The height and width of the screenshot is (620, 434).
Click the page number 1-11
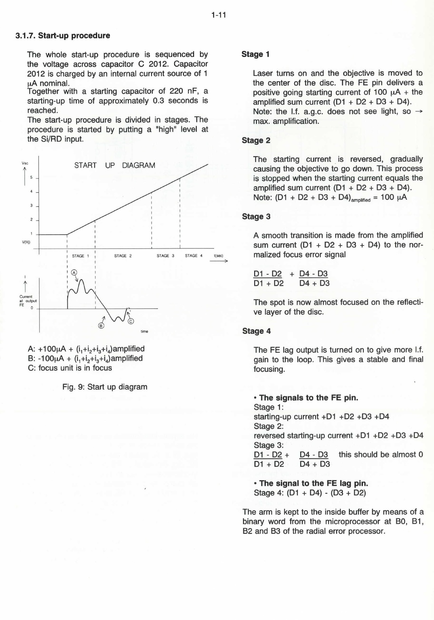[218, 15]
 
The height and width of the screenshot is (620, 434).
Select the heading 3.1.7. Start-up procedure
[63, 36]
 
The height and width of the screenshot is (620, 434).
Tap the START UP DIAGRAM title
[115, 165]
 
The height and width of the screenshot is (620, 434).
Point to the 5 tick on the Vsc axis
[31, 177]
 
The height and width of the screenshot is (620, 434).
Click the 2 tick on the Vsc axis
[31, 220]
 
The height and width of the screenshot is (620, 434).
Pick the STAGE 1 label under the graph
[80, 256]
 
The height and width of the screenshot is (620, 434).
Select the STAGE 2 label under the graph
[123, 256]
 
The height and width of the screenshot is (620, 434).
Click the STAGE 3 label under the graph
[165, 256]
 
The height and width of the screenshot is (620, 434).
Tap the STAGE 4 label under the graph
[193, 256]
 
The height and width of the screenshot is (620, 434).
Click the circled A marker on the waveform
[74, 273]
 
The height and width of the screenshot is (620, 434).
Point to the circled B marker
[101, 326]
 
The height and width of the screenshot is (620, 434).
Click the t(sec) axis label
[219, 256]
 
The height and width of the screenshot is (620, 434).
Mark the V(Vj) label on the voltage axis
[26, 242]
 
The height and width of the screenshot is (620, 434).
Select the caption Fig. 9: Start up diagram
[105, 387]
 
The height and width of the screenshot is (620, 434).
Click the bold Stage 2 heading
[256, 140]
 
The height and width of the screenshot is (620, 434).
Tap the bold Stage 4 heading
[256, 331]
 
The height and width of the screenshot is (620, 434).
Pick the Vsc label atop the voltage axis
[25, 163]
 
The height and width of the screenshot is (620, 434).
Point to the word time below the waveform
[144, 332]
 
